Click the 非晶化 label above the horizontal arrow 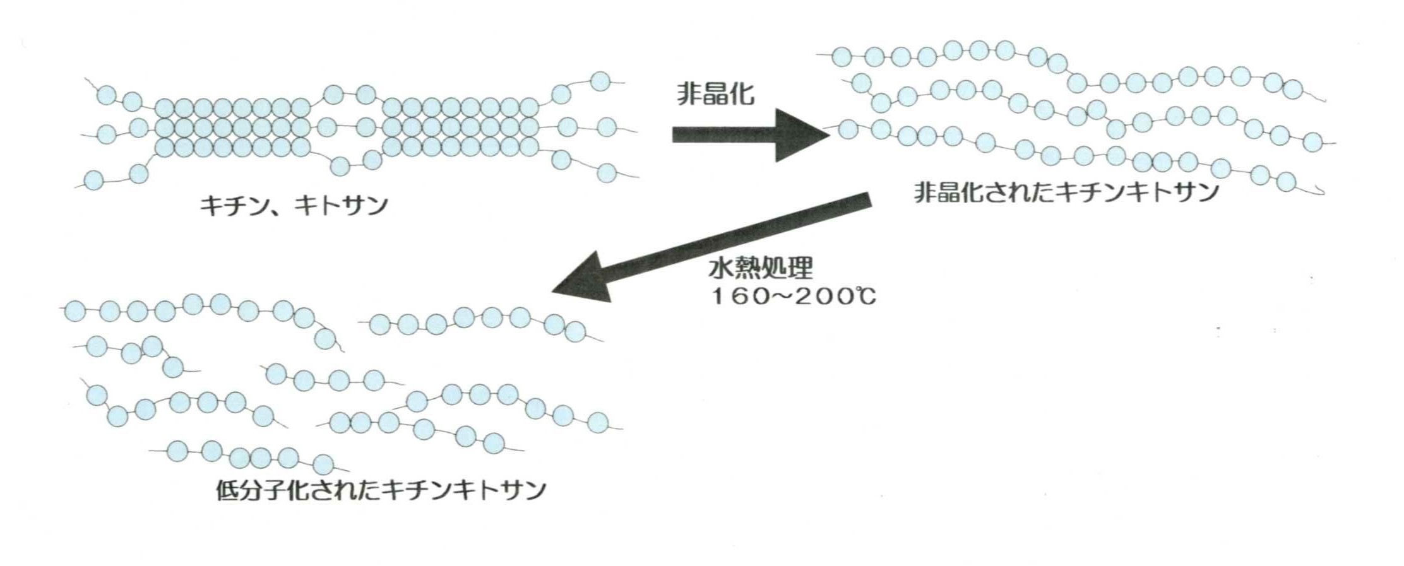click(x=715, y=95)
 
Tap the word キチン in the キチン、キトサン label click(x=229, y=206)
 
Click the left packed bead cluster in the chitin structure click(x=233, y=127)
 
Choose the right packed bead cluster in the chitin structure click(x=461, y=127)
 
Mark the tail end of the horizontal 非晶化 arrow click(x=673, y=135)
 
